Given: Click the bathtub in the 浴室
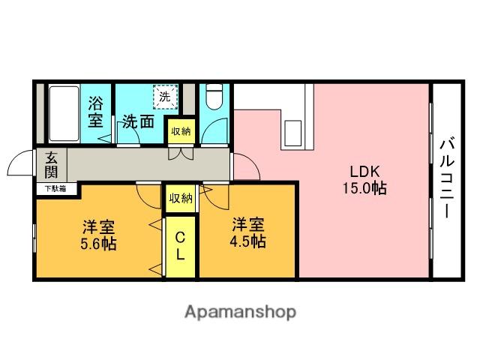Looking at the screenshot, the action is coord(64,113).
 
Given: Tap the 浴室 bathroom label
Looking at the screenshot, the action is coord(95,112).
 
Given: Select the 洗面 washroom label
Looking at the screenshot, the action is coord(138,122).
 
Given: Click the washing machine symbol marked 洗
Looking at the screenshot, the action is coord(165,97).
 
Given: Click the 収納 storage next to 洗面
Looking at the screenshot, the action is coord(181,132).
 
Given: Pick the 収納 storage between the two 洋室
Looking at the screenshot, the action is coord(181,198).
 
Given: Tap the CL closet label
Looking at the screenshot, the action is coord(180,246).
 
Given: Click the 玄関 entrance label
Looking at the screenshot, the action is coord(51,165).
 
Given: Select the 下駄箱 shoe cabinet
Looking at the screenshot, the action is coord(56,188).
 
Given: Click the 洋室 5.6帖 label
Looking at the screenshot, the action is coord(98,235).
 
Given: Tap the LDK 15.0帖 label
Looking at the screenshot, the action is coord(364,180).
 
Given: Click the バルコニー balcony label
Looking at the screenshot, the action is coord(447,178).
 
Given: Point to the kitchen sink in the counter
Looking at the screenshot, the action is coord(293,133).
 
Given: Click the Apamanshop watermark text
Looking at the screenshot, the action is coord(240,313).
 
